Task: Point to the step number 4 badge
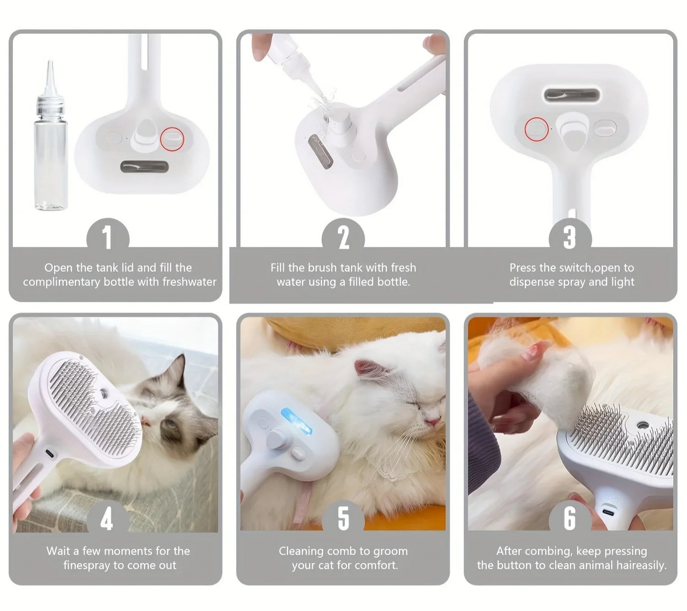click(x=107, y=519)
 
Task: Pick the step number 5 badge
click(x=343, y=519)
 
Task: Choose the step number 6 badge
click(x=570, y=519)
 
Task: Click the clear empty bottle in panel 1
click(x=50, y=136)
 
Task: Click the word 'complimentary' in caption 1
click(x=61, y=282)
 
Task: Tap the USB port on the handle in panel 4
click(x=50, y=453)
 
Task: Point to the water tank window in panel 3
click(x=572, y=95)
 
